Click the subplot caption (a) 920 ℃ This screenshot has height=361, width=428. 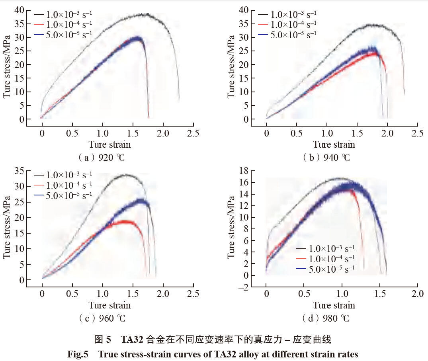point(102,158)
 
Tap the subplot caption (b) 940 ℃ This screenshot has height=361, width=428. point(326,158)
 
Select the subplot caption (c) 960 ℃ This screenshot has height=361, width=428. point(102,318)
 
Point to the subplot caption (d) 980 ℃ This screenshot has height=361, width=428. point(326,318)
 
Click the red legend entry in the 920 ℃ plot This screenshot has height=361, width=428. point(63,24)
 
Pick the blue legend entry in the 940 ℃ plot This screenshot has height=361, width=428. point(287,35)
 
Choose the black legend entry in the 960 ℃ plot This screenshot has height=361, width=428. point(63,175)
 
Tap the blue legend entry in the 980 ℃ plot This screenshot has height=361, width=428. point(326,269)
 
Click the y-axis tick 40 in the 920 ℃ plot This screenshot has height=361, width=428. point(19,10)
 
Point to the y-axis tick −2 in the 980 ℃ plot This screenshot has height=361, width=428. point(243,287)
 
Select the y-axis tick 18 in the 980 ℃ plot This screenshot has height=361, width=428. point(244,171)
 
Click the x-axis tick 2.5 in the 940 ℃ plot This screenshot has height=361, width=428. point(417,133)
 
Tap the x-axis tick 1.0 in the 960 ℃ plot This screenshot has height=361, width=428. point(103,294)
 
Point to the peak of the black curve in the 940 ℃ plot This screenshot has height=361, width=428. point(373,25)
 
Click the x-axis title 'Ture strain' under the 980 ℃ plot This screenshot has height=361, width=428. point(334,305)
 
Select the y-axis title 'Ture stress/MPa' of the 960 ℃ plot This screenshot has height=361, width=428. point(6,227)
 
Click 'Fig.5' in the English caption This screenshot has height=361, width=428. point(78,354)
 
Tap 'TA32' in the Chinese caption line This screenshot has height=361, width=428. point(132,340)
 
